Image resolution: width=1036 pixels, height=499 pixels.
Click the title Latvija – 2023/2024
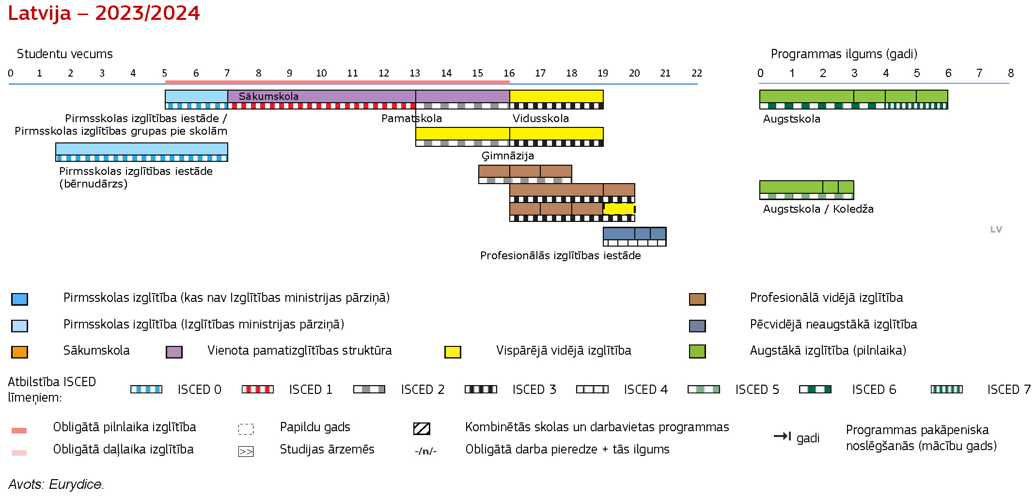click(x=104, y=13)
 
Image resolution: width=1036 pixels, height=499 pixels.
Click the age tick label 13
click(x=415, y=73)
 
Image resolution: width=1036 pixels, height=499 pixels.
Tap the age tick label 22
click(x=697, y=73)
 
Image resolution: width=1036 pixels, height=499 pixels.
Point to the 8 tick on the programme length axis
click(x=1011, y=73)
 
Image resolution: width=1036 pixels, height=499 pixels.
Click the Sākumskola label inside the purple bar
click(x=268, y=96)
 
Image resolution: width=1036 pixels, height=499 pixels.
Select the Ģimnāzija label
click(x=508, y=156)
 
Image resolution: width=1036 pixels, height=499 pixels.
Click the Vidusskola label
click(x=541, y=118)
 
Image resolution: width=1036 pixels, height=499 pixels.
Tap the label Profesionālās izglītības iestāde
click(x=561, y=255)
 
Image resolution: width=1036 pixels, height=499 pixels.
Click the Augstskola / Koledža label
click(x=818, y=209)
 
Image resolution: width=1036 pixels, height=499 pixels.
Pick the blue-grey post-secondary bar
click(x=635, y=234)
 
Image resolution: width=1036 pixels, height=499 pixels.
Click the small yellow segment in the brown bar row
click(x=619, y=209)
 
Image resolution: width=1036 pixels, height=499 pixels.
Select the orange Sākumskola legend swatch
click(x=19, y=352)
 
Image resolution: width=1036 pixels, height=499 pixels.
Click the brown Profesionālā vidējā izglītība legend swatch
click(x=697, y=299)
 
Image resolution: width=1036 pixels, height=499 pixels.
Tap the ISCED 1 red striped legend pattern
click(x=258, y=390)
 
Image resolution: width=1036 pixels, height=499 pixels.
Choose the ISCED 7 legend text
click(x=1009, y=390)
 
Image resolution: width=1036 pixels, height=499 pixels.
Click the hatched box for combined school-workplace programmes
click(x=422, y=428)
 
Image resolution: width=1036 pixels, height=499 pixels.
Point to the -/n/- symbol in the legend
click(x=425, y=451)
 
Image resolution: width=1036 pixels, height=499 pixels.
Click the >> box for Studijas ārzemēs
click(x=246, y=452)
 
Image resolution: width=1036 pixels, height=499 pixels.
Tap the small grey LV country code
click(x=996, y=230)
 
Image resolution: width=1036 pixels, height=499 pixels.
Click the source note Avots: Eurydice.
click(x=56, y=484)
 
